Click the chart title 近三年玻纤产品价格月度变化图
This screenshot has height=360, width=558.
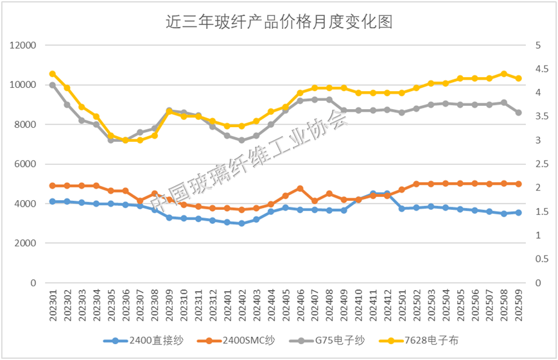[279, 22]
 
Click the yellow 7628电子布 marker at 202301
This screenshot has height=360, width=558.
[53, 74]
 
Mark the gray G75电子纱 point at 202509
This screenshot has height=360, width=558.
[519, 112]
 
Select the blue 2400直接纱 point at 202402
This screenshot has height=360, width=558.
[241, 223]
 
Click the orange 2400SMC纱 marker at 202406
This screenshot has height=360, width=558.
[300, 189]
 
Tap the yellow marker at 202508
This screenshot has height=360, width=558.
[504, 74]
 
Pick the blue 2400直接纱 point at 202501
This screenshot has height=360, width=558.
[402, 209]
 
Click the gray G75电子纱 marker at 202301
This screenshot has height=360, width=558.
[53, 85]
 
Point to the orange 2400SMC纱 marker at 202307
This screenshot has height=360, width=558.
[140, 201]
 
